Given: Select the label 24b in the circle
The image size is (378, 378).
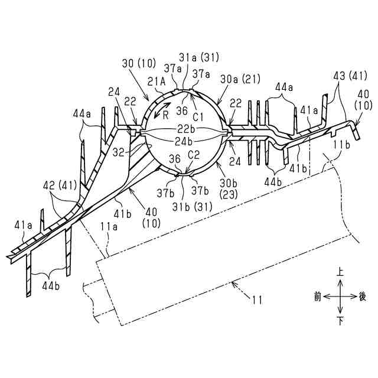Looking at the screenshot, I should click(x=183, y=141).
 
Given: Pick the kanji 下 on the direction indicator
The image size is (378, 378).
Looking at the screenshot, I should click(x=340, y=321).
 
